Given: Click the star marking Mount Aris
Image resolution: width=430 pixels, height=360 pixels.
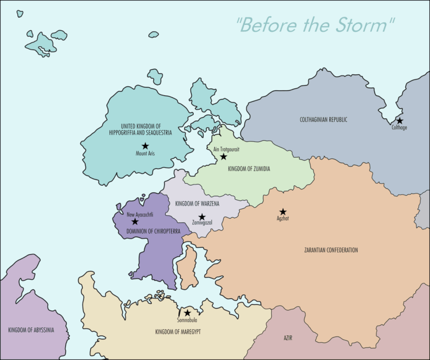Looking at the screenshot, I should tap(145, 146).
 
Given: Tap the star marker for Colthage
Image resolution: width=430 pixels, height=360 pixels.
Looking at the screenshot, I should tap(399, 121).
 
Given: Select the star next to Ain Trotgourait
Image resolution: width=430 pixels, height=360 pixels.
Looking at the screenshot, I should tap(223, 157).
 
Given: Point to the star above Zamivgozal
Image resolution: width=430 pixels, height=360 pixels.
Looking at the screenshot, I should tap(202, 217).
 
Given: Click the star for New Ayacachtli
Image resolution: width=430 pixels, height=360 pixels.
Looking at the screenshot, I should tap(134, 221).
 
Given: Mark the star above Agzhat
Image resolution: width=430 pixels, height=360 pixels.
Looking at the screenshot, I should tap(283, 212).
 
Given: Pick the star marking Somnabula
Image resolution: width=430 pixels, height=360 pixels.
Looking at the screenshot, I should tap(188, 313).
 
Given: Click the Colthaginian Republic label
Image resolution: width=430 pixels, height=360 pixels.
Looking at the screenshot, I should tap(323, 120).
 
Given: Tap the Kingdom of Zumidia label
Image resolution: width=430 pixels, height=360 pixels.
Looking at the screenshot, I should tap(249, 169).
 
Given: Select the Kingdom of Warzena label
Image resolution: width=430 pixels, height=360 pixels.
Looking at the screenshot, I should tap(197, 204).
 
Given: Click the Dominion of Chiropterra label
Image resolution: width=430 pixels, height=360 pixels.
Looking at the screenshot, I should tap(153, 231).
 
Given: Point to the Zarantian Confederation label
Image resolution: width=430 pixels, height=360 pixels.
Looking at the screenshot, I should tap(331, 250).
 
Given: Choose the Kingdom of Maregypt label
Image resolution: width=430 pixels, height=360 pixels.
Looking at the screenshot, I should tap(178, 332).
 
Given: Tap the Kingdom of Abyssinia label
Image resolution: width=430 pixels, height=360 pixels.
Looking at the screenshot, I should tap(31, 330).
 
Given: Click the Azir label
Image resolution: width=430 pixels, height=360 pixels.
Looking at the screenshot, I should tap(288, 337).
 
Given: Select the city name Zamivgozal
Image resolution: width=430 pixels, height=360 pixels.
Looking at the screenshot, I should tap(202, 223).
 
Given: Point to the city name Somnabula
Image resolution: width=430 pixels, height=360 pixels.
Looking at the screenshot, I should tap(188, 320).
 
